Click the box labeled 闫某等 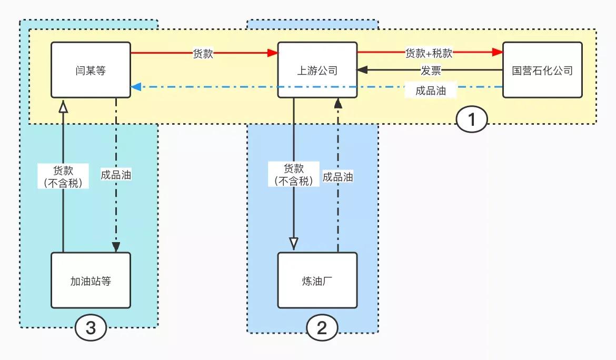pyautogui.click(x=91, y=70)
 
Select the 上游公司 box pyautogui.click(x=317, y=70)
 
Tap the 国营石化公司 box pyautogui.click(x=542, y=70)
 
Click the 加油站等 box pyautogui.click(x=91, y=281)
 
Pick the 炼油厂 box pyautogui.click(x=317, y=281)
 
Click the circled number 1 pyautogui.click(x=471, y=120)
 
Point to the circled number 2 pyautogui.click(x=321, y=328)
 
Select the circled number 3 pyautogui.click(x=91, y=328)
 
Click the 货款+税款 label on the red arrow pyautogui.click(x=429, y=53)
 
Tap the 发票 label pyautogui.click(x=431, y=71)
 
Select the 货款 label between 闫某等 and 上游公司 pyautogui.click(x=203, y=53)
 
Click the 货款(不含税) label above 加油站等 pyautogui.click(x=64, y=176)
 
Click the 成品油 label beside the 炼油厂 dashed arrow pyautogui.click(x=337, y=177)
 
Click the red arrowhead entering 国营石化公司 pyautogui.click(x=498, y=53)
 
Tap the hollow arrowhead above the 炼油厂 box pyautogui.click(x=294, y=243)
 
